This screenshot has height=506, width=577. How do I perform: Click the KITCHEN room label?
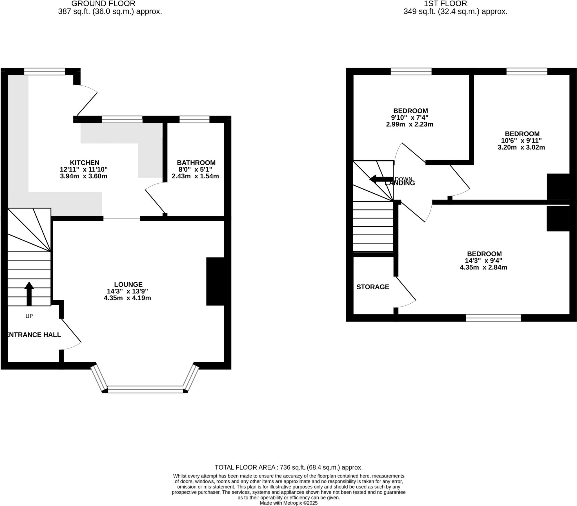(84, 163)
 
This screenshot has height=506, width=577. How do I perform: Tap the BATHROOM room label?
(196, 163)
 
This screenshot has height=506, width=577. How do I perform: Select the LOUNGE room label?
(128, 284)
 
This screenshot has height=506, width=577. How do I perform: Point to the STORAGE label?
(372, 287)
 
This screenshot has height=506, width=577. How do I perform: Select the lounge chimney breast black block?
(215, 281)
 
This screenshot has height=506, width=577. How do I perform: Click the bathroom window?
(194, 119)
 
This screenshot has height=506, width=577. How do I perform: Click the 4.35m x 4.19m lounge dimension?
(127, 298)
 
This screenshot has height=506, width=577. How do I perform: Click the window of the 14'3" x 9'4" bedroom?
(493, 318)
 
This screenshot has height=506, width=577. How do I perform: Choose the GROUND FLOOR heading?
(103, 4)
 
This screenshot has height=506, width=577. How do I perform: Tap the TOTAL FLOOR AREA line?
(288, 467)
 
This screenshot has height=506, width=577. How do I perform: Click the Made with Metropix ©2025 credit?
(288, 503)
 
